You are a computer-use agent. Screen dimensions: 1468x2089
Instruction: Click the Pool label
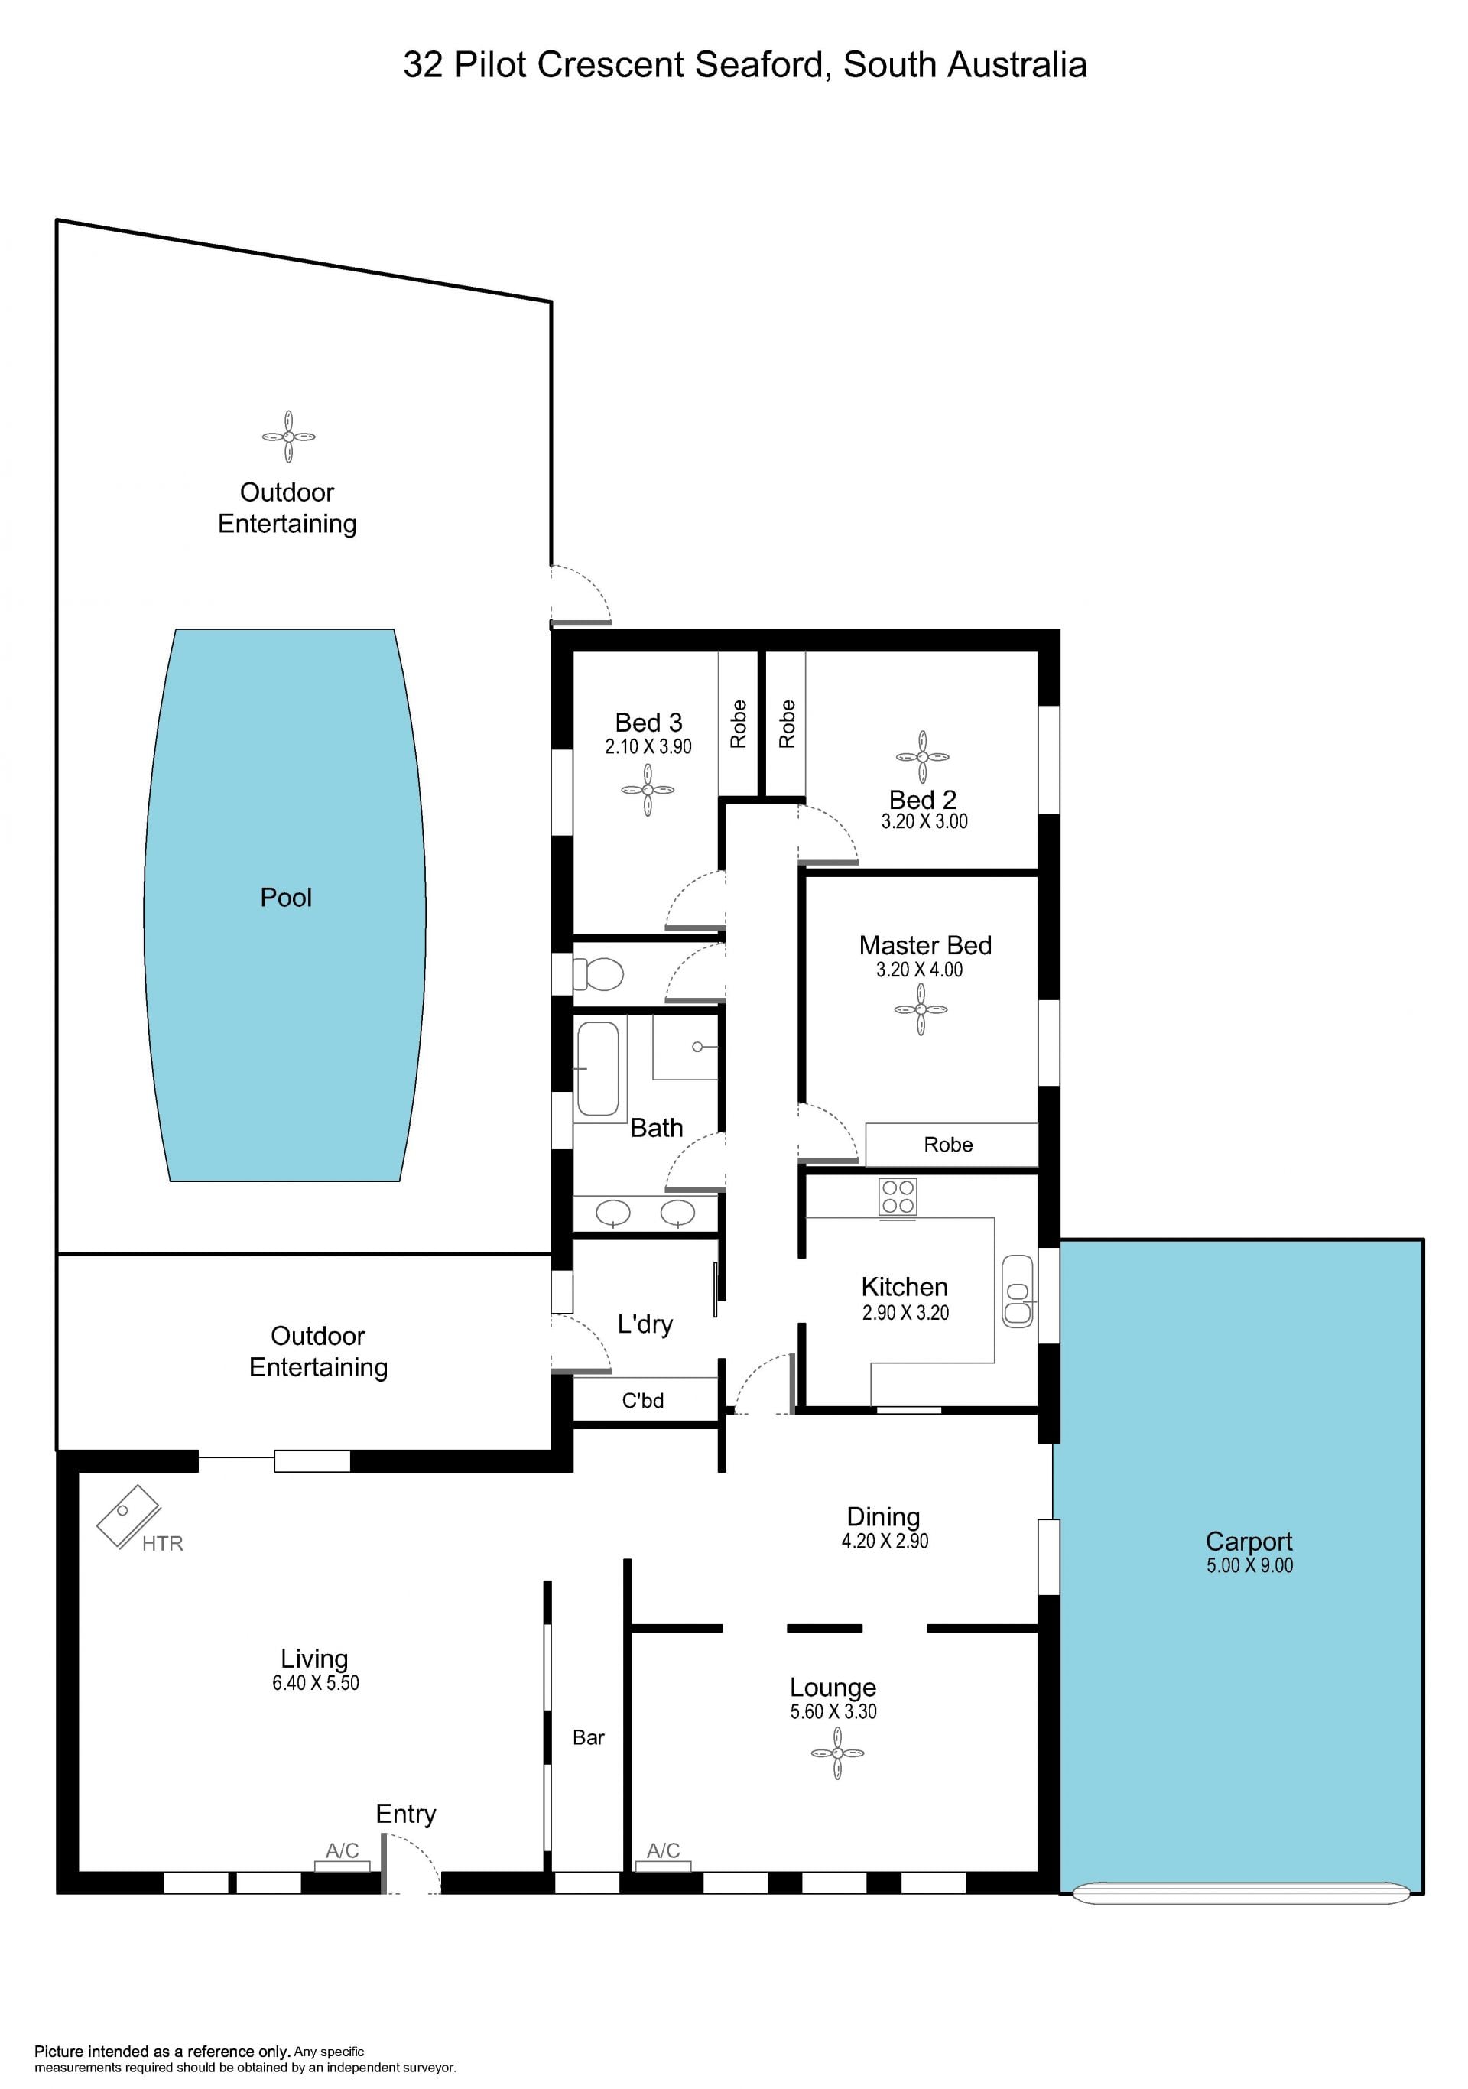point(286,898)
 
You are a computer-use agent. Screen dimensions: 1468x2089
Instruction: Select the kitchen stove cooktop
point(898,1197)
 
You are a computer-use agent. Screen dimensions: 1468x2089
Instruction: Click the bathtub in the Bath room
point(598,1068)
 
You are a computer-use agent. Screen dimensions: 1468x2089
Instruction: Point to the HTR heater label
point(163,1543)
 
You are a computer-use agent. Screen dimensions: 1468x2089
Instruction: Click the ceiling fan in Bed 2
point(922,757)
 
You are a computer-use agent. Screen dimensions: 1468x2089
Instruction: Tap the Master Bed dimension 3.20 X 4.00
point(920,970)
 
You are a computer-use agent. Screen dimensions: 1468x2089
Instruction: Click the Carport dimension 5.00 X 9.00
point(1249,1565)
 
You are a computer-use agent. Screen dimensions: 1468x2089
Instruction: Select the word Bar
point(589,1738)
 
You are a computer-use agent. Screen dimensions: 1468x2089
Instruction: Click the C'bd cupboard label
point(643,1400)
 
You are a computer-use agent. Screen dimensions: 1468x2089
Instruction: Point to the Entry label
point(406,1814)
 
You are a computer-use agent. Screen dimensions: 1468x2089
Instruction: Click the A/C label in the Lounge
point(663,1850)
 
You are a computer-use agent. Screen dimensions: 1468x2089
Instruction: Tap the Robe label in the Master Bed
point(949,1145)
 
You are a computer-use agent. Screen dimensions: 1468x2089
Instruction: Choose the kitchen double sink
point(1018,1292)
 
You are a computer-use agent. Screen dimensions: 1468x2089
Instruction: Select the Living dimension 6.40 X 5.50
point(316,1683)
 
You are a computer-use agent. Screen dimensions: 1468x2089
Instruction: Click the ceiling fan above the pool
point(288,437)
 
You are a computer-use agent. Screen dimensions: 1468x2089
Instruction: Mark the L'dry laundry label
point(645,1324)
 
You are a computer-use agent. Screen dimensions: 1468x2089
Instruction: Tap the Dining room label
point(883,1517)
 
